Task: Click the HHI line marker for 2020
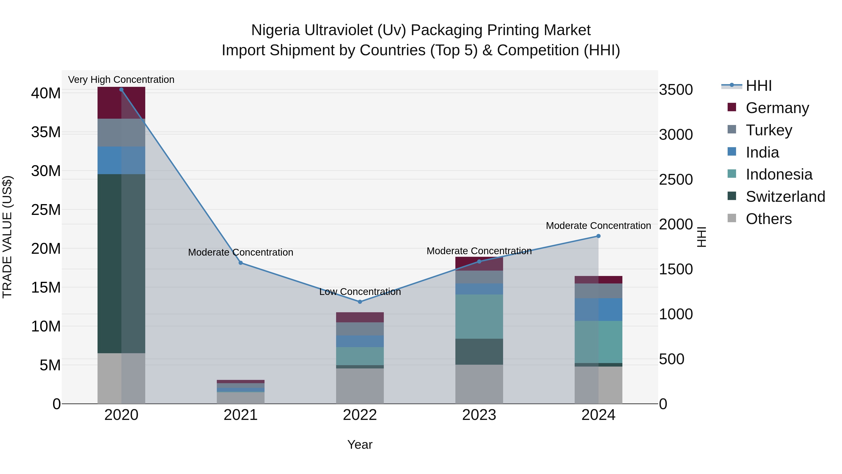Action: click(121, 89)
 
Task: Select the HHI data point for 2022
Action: click(360, 302)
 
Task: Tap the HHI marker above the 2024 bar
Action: click(598, 236)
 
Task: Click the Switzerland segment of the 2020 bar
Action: click(121, 263)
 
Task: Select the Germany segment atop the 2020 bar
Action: click(121, 103)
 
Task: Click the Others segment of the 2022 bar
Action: click(360, 386)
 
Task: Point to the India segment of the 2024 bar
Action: click(598, 309)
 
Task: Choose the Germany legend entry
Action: click(777, 108)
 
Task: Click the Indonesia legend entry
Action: click(779, 174)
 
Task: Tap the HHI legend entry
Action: click(758, 86)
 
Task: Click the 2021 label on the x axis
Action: click(241, 415)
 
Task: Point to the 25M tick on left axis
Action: click(46, 210)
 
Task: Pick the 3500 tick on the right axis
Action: click(676, 90)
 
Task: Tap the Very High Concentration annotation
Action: click(121, 80)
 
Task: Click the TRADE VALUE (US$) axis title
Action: click(7, 237)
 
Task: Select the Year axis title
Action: click(360, 445)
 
